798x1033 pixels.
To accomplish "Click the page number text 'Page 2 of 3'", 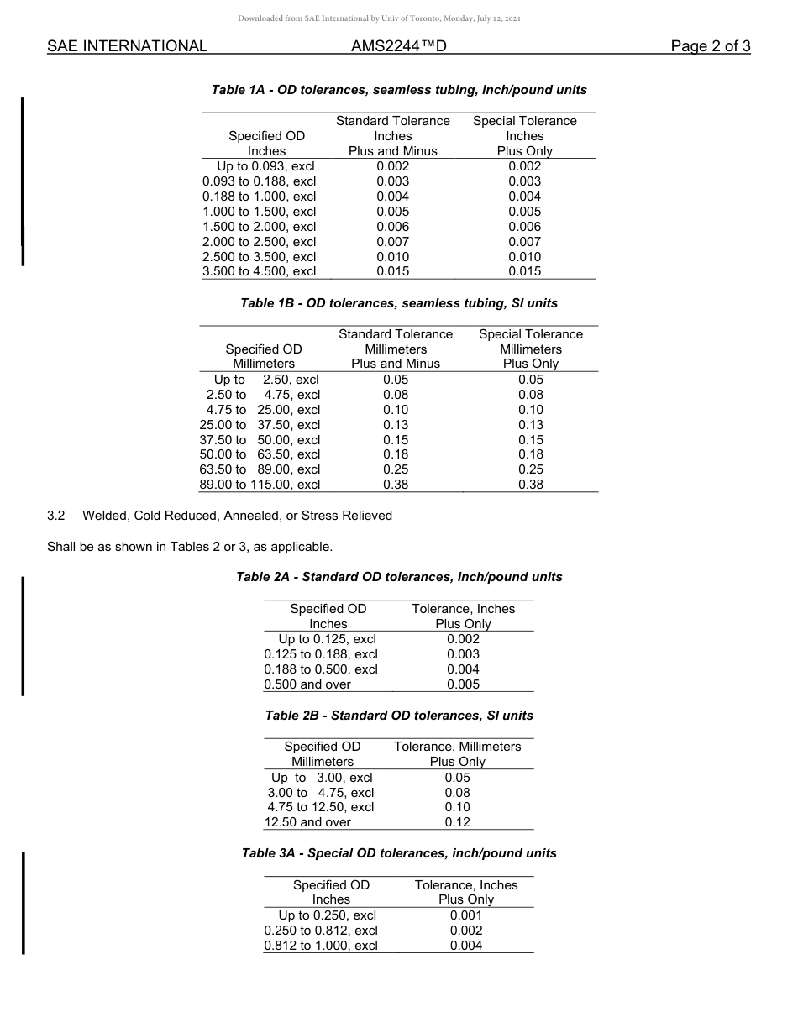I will pyautogui.click(x=710, y=46).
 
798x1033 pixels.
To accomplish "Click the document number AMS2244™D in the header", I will pyautogui.click(x=398, y=46).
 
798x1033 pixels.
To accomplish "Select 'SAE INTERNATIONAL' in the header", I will pyautogui.click(x=127, y=46).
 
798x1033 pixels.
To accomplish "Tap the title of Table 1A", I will pyautogui.click(x=399, y=90).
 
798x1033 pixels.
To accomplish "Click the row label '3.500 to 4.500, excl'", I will pyautogui.click(x=260, y=271).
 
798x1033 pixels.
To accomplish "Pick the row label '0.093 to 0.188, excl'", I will pyautogui.click(x=260, y=181).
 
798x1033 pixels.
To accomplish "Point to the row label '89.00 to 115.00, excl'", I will pyautogui.click(x=260, y=485).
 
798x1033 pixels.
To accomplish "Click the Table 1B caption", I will pyautogui.click(x=399, y=303).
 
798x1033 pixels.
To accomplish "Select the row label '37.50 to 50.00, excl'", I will pyautogui.click(x=260, y=440).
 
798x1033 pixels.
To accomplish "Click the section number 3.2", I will pyautogui.click(x=56, y=516).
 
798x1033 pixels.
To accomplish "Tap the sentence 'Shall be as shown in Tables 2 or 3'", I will pyautogui.click(x=190, y=547).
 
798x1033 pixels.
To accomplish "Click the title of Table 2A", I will pyautogui.click(x=399, y=577).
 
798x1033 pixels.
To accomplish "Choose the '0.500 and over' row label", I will pyautogui.click(x=307, y=684).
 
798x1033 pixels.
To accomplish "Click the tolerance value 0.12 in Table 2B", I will pyautogui.click(x=458, y=822).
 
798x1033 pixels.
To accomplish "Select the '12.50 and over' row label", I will pyautogui.click(x=307, y=822).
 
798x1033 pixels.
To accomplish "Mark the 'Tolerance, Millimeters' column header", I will pyautogui.click(x=458, y=747).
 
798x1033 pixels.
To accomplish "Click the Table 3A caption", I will pyautogui.click(x=399, y=853).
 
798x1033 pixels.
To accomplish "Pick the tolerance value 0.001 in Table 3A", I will pyautogui.click(x=466, y=915).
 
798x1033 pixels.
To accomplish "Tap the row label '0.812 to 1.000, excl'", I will pyautogui.click(x=321, y=946).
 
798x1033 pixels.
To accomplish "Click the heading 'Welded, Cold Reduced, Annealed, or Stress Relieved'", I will pyautogui.click(x=237, y=516).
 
